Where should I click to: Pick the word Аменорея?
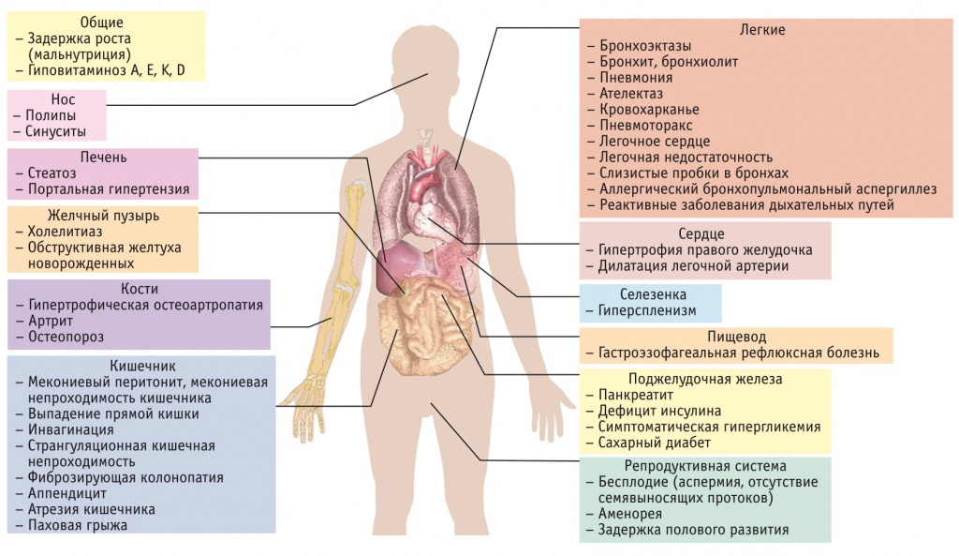click(x=630, y=514)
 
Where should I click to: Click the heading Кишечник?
click(x=141, y=365)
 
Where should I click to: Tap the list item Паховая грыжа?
click(x=78, y=525)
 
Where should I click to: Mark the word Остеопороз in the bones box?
click(x=66, y=337)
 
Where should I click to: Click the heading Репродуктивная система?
click(x=705, y=466)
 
